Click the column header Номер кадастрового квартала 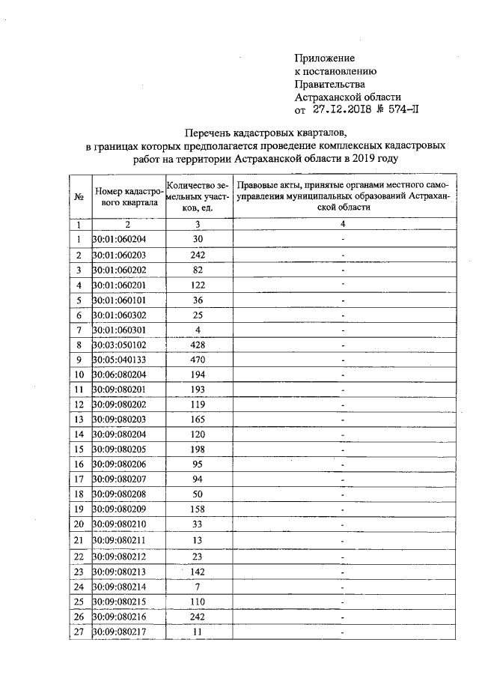point(126,196)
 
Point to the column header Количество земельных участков point(198,196)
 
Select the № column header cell point(79,196)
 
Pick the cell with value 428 point(198,345)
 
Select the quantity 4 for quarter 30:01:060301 point(198,330)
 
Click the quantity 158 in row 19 point(198,510)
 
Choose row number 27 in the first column point(79,632)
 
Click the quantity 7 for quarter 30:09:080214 point(198,587)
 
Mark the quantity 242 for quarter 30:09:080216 point(198,617)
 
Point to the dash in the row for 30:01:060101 point(342,300)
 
